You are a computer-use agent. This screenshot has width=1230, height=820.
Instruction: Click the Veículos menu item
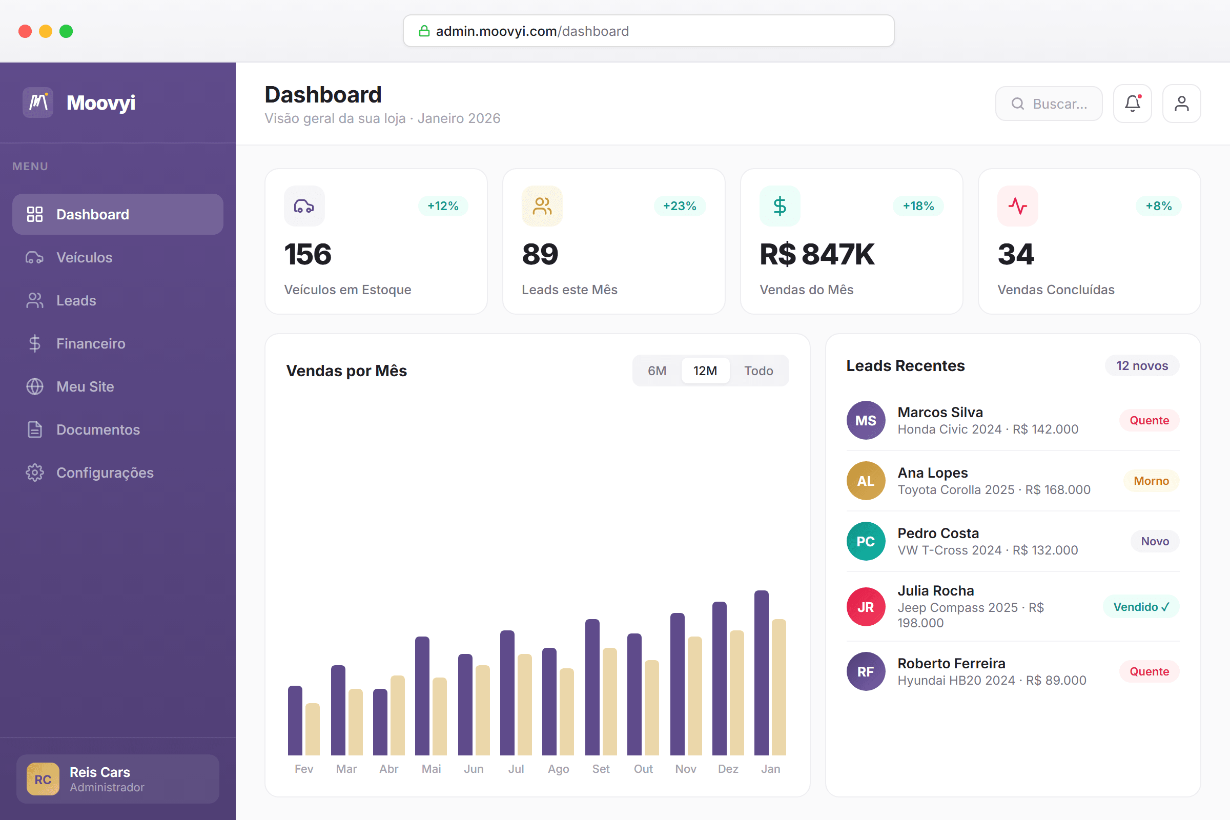[x=84, y=257]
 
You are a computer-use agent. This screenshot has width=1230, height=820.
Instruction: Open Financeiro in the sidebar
[x=90, y=343]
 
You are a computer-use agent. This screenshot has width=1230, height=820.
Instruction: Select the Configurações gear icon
[x=34, y=473]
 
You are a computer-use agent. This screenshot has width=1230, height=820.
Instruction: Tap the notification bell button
[x=1132, y=104]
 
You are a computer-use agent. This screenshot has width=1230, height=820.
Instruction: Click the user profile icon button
[x=1181, y=104]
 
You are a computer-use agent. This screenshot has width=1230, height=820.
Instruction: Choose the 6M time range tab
[x=657, y=371]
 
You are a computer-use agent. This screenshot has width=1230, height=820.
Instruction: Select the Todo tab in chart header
[x=758, y=371]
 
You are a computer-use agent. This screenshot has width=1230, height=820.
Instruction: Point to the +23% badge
[x=680, y=206]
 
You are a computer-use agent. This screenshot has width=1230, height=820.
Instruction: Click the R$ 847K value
[x=817, y=255]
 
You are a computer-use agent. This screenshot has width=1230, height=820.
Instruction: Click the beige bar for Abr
[x=398, y=715]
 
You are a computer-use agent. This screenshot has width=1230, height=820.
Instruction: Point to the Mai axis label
[x=432, y=769]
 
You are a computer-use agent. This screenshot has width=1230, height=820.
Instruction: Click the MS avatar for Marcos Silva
[x=866, y=420]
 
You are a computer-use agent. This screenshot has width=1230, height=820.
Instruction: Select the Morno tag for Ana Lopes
[x=1151, y=481]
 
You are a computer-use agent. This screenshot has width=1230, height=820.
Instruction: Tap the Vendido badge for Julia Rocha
[x=1141, y=607]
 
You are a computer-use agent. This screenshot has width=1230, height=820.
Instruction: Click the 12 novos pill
[x=1142, y=365]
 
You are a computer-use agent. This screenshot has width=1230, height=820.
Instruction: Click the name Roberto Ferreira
[x=951, y=663]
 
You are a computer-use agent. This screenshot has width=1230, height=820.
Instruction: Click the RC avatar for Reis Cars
[x=43, y=779]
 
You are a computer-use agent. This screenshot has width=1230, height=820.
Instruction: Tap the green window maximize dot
[x=67, y=31]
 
